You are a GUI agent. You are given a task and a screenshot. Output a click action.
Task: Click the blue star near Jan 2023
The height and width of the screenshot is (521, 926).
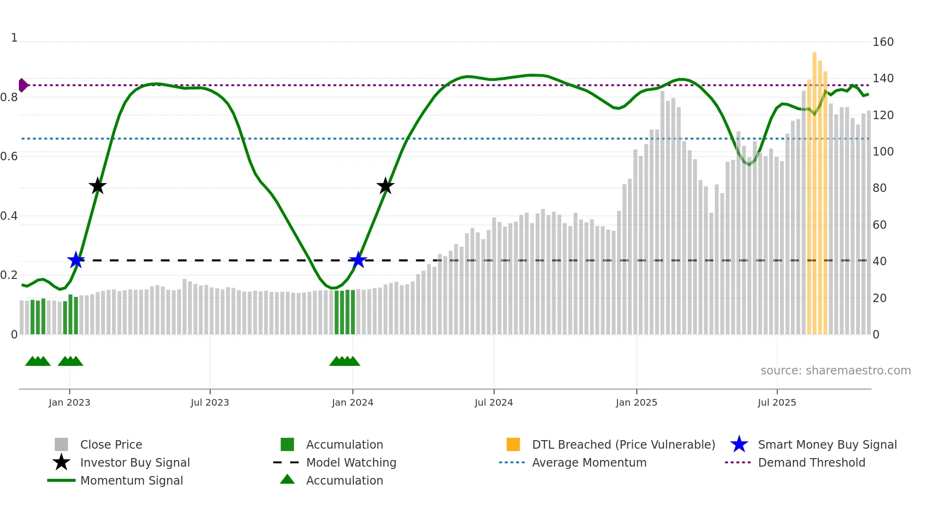click(x=76, y=260)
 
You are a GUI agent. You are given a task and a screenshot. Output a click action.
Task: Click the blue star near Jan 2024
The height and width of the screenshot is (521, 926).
click(x=358, y=260)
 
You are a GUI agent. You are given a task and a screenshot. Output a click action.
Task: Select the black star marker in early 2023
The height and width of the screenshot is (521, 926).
click(x=97, y=186)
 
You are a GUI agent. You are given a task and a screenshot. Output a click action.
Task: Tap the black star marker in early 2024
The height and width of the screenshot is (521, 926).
click(x=386, y=186)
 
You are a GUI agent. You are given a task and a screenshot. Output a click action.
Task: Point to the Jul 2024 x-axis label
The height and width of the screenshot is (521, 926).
click(x=494, y=403)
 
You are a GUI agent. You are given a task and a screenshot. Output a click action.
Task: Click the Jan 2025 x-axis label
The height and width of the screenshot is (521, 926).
click(x=636, y=403)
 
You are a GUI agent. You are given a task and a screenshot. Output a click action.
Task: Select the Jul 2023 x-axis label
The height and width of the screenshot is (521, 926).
click(x=210, y=403)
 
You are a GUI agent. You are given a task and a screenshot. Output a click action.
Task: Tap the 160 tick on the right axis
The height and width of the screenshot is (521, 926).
click(x=883, y=42)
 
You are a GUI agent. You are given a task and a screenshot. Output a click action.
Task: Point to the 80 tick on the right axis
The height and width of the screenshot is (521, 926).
click(x=880, y=188)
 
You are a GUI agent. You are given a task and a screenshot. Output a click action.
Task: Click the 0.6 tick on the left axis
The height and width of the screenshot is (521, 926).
click(x=9, y=156)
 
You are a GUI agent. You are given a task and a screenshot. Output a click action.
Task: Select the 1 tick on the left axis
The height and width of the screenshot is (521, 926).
click(x=14, y=38)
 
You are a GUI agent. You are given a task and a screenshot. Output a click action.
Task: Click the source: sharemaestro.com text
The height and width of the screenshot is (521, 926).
click(x=835, y=371)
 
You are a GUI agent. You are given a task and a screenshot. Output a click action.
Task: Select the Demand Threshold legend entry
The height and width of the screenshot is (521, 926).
click(x=811, y=463)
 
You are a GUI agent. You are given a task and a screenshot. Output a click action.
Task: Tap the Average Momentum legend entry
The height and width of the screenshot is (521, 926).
click(x=589, y=463)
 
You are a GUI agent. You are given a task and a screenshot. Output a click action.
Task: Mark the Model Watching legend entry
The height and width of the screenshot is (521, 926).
click(x=351, y=463)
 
